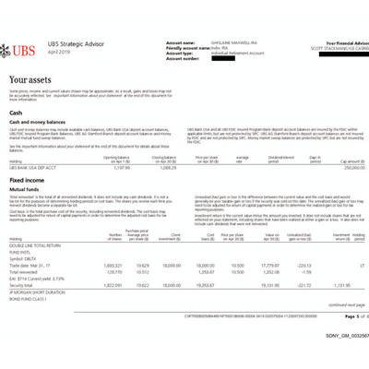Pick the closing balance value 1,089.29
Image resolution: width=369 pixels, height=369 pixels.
pyautogui.click(x=171, y=166)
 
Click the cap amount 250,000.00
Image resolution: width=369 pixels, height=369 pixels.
pyautogui.click(x=347, y=166)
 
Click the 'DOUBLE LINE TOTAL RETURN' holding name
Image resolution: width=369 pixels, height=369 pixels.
pyautogui.click(x=35, y=245)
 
